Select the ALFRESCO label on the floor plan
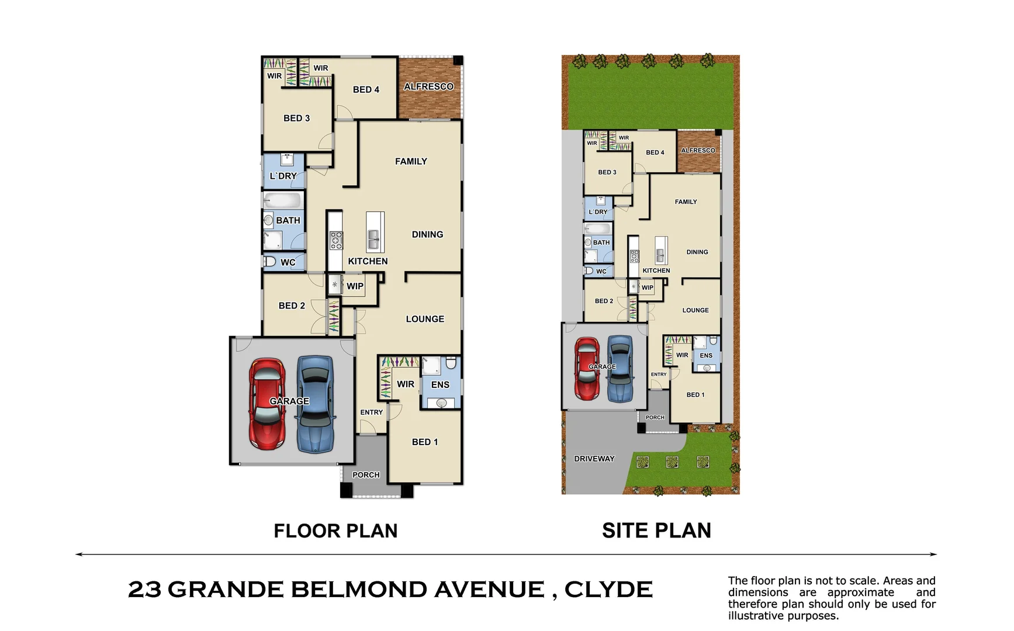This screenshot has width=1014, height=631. click(428, 86)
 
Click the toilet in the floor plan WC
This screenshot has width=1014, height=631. click(269, 261)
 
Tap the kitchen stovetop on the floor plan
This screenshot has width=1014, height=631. click(336, 240)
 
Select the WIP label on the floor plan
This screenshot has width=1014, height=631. click(355, 286)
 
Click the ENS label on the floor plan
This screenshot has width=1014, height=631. click(440, 384)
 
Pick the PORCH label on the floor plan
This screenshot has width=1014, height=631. click(366, 475)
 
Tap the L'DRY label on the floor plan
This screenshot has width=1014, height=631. click(283, 176)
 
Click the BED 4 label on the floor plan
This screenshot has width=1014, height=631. click(366, 89)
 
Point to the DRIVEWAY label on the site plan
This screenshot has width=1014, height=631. click(594, 459)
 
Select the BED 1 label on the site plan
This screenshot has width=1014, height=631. click(695, 395)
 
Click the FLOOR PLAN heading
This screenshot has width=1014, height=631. click(335, 531)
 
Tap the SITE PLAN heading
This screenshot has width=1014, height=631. click(656, 531)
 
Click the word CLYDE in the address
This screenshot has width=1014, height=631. click(608, 590)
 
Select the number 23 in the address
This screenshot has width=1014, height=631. click(144, 590)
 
